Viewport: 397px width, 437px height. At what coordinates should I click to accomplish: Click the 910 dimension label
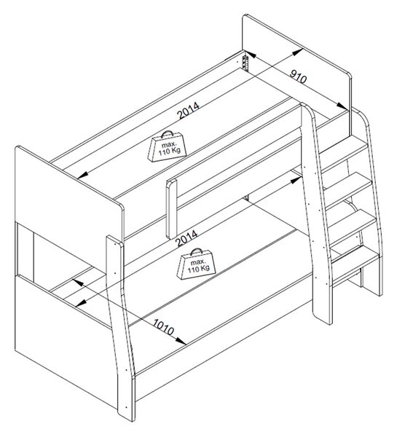pos(299,76)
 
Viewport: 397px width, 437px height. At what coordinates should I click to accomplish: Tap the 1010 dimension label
pos(164,326)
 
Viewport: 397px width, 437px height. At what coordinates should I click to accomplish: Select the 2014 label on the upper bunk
pos(189,111)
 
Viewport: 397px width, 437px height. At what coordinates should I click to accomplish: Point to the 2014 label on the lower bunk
pos(187,237)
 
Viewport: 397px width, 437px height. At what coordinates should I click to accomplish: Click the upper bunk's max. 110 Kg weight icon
pos(168,146)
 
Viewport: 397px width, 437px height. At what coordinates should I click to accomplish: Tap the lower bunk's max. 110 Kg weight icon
pos(196,264)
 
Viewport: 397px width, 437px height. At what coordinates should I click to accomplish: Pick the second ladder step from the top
pos(347,189)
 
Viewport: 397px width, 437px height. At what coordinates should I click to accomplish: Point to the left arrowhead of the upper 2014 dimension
pos(83,175)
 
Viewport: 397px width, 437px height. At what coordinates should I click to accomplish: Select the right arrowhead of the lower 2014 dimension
pos(295,181)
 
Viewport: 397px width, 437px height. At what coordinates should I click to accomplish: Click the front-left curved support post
pos(120,329)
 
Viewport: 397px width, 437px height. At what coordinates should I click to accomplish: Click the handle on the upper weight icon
pos(167,134)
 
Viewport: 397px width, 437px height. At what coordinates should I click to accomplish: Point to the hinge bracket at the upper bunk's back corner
pos(245,63)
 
